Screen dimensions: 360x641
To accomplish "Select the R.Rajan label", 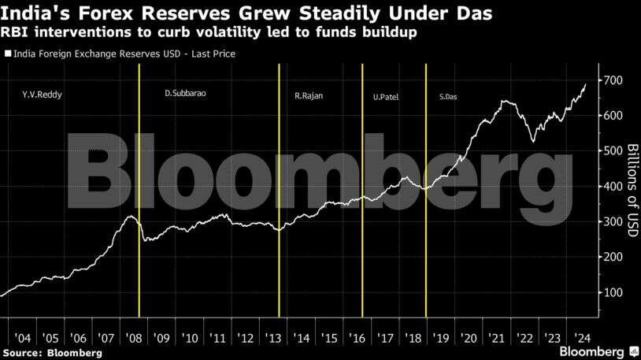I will [309, 95].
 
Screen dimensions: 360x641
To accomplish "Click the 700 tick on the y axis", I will [614, 81].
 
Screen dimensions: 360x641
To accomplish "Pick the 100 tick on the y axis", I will [614, 292].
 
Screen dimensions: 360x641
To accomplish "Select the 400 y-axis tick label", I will [614, 187].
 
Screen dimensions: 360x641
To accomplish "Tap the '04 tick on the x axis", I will [24, 338].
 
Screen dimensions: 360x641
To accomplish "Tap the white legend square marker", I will [7, 54].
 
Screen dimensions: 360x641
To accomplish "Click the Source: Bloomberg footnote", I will [52, 352].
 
